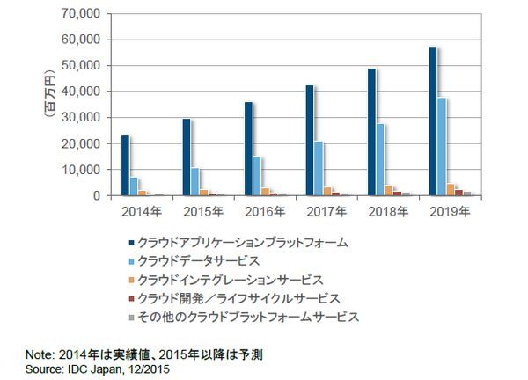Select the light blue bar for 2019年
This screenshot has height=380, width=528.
coord(442,147)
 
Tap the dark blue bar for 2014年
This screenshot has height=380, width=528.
coord(125,165)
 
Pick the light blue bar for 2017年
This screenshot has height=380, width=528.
coord(318,168)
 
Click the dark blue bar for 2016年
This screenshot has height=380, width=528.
coord(248,149)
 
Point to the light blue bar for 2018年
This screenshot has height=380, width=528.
coord(379,159)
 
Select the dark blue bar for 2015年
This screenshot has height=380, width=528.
coord(187,157)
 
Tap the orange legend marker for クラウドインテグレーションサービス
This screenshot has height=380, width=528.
coord(130,279)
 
